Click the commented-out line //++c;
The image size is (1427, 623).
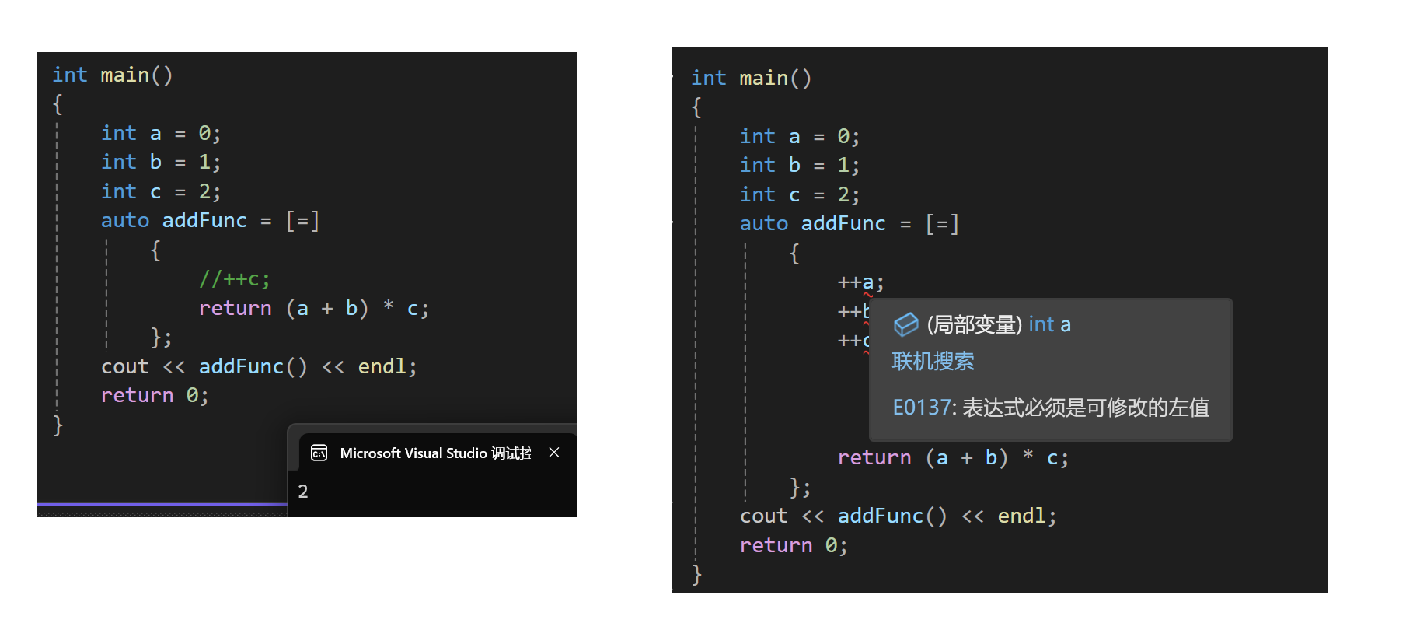coord(234,279)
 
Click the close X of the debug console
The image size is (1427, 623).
coord(554,453)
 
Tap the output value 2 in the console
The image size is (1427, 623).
coord(303,492)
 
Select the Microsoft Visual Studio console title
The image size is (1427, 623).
coord(435,453)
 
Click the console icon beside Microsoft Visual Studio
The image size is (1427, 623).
coord(319,453)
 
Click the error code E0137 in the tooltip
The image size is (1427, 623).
coord(922,408)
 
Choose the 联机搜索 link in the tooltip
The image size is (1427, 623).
coord(933,362)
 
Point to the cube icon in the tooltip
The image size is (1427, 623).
coord(905,324)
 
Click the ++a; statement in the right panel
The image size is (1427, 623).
coord(860,283)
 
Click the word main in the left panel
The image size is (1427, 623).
coord(124,75)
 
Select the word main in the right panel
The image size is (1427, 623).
coord(763,79)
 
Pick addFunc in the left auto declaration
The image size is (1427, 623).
coord(204,221)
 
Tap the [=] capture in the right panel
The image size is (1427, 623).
coord(942,224)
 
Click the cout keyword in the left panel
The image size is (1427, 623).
coord(124,367)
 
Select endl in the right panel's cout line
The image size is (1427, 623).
coord(1022,516)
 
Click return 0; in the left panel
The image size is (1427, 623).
coord(155,396)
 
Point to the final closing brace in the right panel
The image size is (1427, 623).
coord(696,575)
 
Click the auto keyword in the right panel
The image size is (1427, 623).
coord(763,224)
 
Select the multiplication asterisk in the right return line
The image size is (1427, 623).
coord(1028,457)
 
